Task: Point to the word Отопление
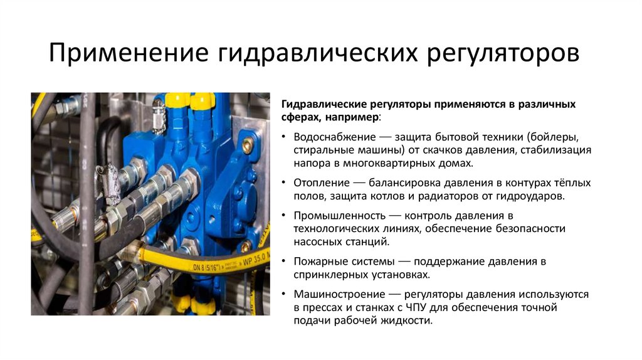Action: [321, 183]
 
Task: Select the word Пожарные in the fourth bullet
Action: [317, 261]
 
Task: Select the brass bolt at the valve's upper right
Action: [247, 146]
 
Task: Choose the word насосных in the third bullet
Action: [313, 241]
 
